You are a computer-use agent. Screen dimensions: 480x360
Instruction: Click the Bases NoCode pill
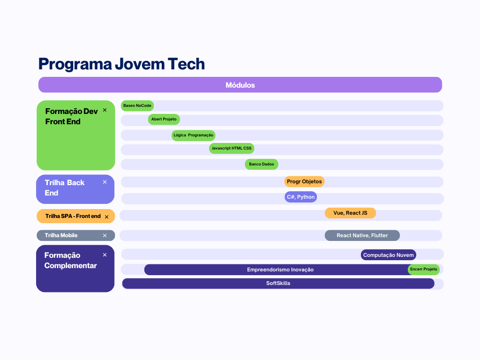pos(137,105)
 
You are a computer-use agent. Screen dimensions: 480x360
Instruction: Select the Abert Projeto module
pos(164,120)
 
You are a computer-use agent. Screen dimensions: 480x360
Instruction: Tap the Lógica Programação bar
pos(193,135)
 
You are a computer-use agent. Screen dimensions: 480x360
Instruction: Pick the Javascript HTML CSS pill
pos(232,149)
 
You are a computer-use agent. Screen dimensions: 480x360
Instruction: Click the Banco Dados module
pos(262,165)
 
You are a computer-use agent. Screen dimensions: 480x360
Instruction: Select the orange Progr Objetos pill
pos(304,181)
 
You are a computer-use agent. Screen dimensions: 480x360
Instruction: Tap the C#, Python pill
pos(300,197)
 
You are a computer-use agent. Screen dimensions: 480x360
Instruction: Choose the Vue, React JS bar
pos(350,213)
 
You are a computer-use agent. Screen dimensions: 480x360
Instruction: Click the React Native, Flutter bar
pos(362,235)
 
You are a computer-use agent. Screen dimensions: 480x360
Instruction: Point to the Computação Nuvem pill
pos(389,255)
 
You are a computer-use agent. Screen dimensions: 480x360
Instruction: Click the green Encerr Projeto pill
pos(424,270)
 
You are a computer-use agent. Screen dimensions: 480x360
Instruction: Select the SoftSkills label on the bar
pos(278,284)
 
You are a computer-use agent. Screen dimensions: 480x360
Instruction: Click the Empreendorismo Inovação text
pos(280,270)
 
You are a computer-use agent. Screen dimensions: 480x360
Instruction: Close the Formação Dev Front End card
pos(105,110)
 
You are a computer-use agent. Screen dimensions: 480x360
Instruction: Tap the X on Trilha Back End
pos(105,182)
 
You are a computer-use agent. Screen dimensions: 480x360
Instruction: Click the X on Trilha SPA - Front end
pos(106,217)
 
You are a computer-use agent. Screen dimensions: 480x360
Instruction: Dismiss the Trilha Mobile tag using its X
pos(105,235)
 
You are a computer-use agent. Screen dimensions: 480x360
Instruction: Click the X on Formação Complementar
pos(105,255)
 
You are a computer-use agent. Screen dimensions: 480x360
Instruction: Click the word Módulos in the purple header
pos(240,85)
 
